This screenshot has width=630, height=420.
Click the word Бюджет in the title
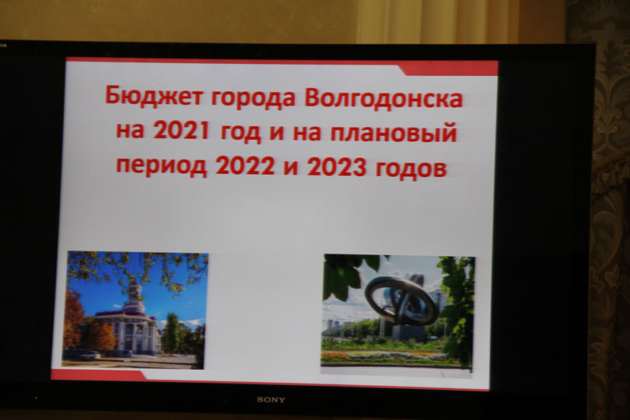click(x=154, y=96)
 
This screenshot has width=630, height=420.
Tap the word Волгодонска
click(x=384, y=97)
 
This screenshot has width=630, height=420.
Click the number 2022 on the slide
click(x=245, y=165)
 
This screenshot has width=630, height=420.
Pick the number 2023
click(x=337, y=166)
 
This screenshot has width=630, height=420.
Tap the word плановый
click(x=394, y=133)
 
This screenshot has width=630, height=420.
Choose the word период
click(x=162, y=166)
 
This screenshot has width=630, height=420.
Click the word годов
click(x=410, y=169)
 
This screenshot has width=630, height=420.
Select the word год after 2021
click(x=240, y=131)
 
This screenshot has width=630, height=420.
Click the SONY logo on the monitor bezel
click(x=271, y=399)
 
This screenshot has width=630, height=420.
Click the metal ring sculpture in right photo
click(x=402, y=299)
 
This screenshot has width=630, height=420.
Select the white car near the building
click(x=90, y=355)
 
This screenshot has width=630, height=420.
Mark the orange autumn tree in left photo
click(x=73, y=321)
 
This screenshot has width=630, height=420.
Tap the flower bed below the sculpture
click(x=384, y=355)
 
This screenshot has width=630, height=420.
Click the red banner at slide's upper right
click(x=449, y=68)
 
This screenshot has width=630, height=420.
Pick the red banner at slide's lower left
click(x=99, y=375)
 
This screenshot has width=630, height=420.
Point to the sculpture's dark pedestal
click(x=408, y=332)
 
